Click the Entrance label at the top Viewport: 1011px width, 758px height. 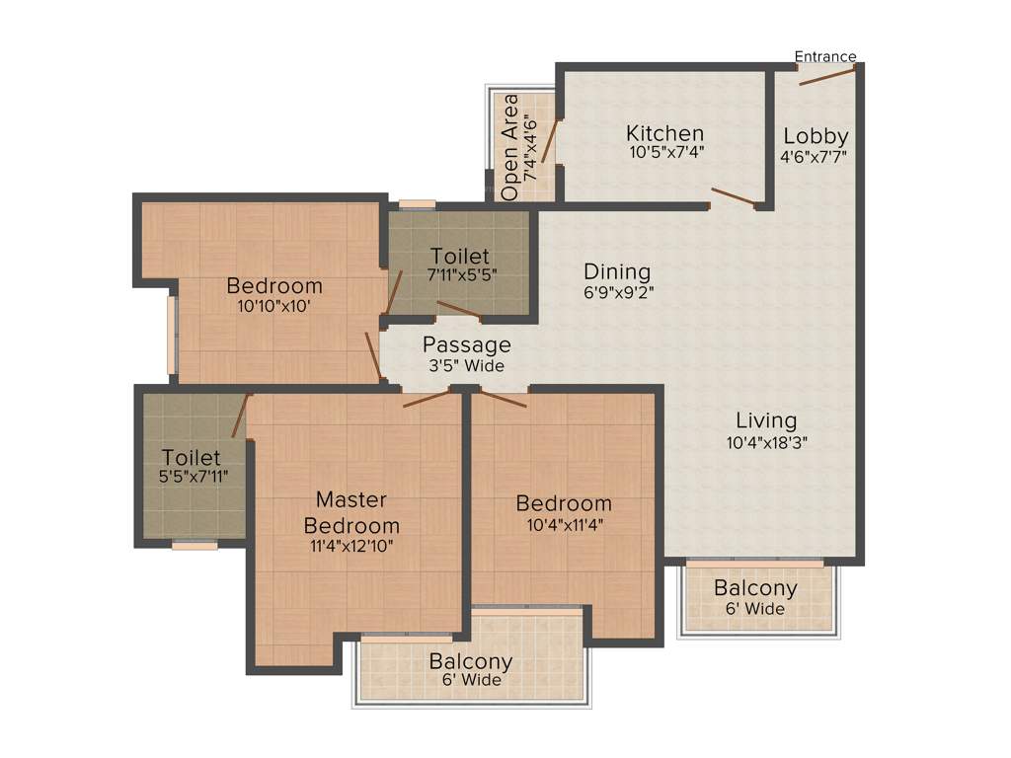point(825,56)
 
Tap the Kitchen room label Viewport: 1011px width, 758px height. point(665,133)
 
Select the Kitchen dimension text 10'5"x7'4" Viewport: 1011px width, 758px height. point(666,153)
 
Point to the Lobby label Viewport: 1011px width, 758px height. point(816,136)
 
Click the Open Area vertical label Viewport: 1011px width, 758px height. point(510,148)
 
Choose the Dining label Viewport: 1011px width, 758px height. point(617,271)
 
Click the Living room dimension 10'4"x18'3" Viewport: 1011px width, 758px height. point(767,442)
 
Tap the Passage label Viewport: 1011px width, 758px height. point(467,345)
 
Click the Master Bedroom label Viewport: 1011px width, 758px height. point(351,512)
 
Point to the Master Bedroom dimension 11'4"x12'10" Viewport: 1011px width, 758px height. point(350,544)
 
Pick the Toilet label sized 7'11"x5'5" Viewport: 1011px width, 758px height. point(460,257)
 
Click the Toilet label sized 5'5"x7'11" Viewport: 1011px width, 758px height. point(192,458)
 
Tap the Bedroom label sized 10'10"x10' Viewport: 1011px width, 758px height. point(274,286)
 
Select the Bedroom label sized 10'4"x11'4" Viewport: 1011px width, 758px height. point(564,504)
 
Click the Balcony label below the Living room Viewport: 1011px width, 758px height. point(755,589)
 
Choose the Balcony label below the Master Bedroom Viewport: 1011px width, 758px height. point(471,661)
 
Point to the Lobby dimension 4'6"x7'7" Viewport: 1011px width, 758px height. point(815,156)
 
